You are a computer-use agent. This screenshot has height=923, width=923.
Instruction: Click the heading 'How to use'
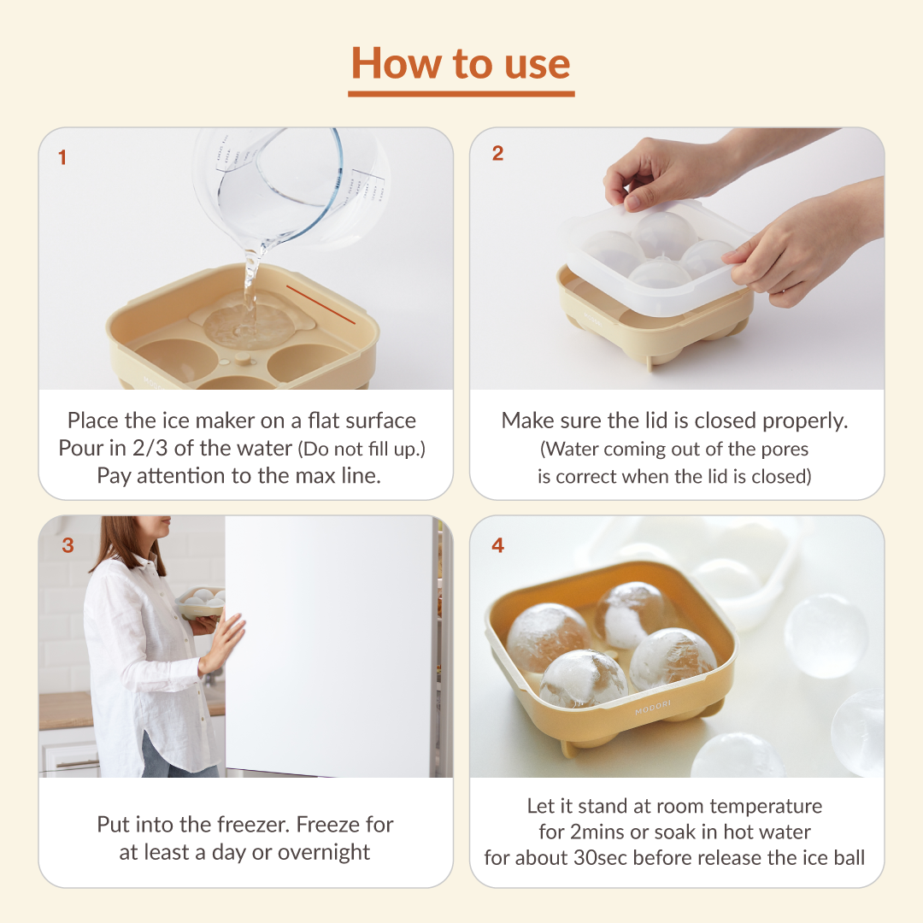[461, 63]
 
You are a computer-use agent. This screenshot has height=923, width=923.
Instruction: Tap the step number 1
[62, 157]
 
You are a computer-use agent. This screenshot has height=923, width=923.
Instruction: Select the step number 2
[497, 153]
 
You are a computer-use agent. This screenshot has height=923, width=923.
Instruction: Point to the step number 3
[68, 545]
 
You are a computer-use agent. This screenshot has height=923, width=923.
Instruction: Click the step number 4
[498, 545]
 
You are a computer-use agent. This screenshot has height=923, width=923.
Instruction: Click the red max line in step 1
[320, 305]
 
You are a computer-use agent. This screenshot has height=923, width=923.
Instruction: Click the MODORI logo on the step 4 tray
[653, 708]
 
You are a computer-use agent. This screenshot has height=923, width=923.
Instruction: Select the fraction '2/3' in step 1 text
[150, 448]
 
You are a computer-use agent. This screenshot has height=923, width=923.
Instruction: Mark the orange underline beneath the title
[461, 94]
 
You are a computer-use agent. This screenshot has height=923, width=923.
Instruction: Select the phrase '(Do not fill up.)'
[362, 450]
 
